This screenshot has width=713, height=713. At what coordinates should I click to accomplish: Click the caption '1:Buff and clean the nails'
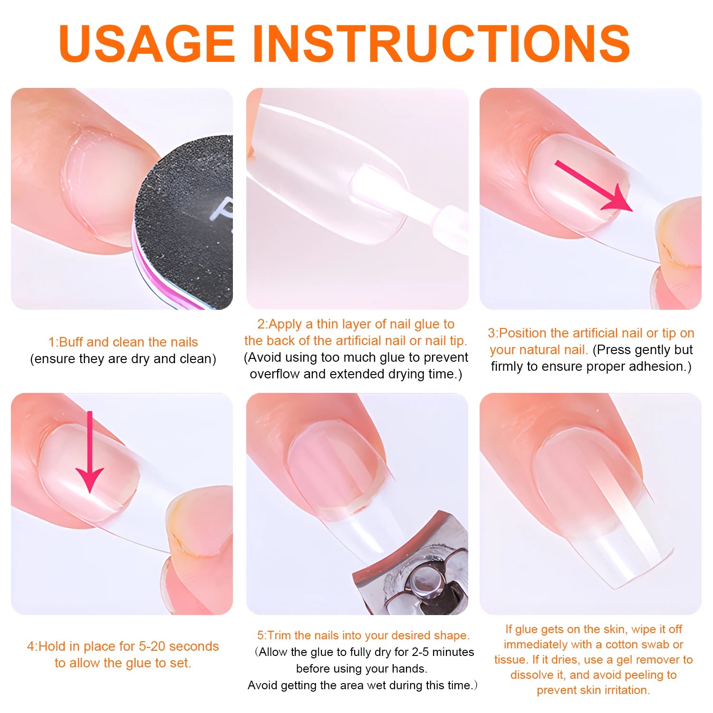123,342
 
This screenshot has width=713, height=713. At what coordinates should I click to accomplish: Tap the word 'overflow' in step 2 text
275,374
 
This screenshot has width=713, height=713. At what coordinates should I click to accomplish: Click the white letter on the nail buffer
223,209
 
